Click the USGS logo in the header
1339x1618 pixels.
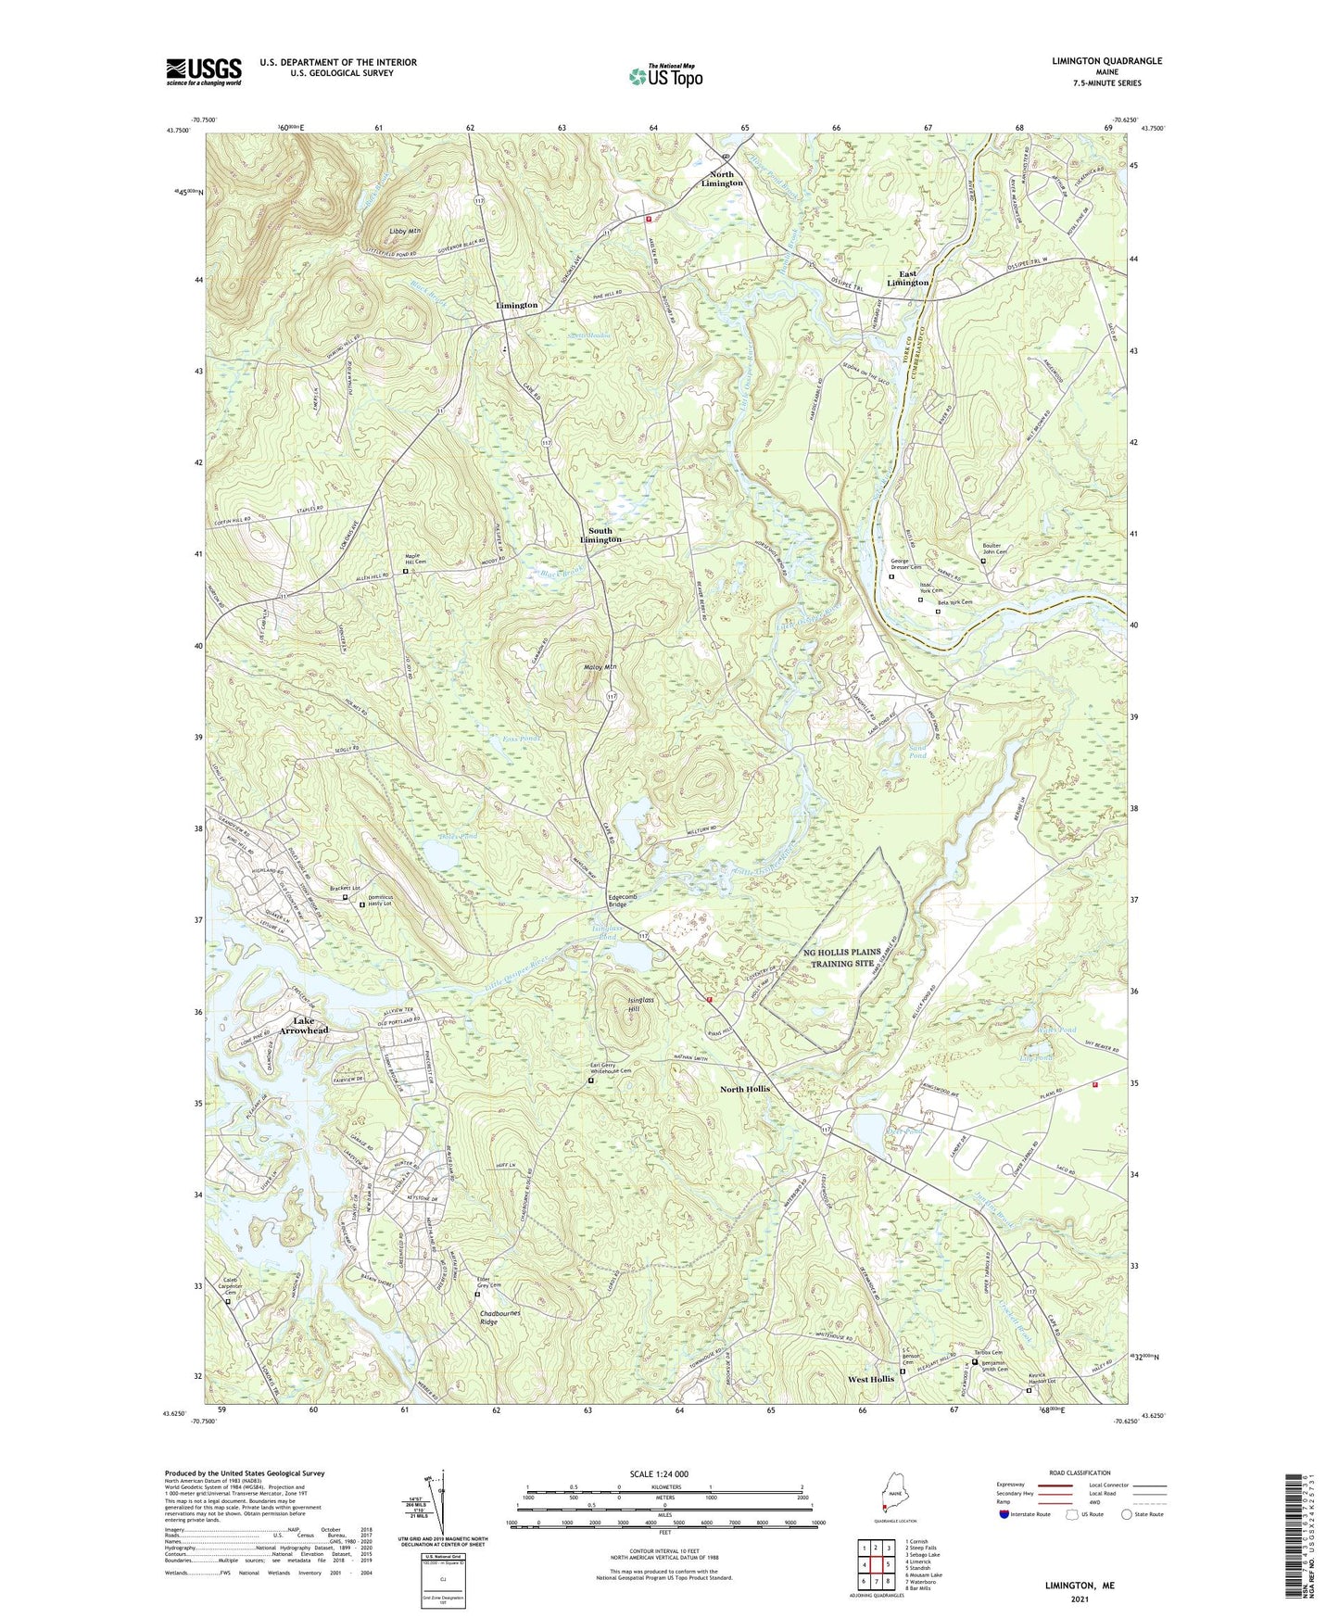[x=204, y=71]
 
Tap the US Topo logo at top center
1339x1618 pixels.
[x=664, y=76]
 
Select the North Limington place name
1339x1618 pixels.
[x=721, y=179]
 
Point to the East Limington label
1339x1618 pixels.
[x=907, y=278]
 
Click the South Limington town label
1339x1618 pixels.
[x=600, y=536]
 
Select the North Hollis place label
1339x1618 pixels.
[x=745, y=1089]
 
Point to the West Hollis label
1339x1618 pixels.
[x=871, y=1379]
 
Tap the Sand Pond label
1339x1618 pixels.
[x=916, y=752]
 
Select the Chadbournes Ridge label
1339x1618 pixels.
[x=500, y=1318]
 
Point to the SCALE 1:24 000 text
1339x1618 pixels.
[x=664, y=1474]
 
